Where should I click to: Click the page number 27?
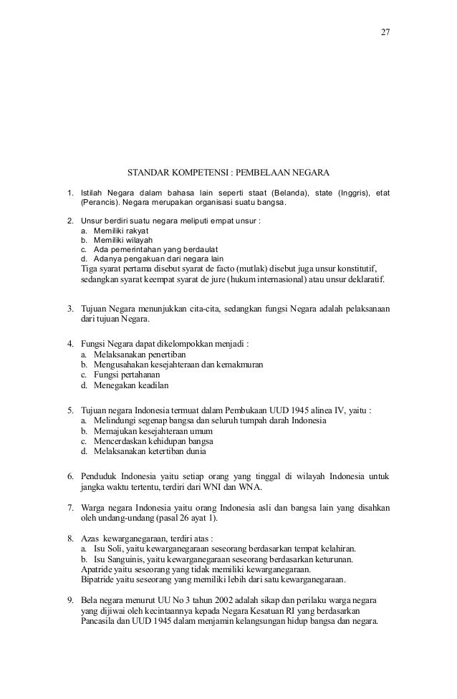click(386, 33)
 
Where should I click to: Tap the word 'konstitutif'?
click(360, 269)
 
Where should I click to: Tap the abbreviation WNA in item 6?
click(249, 488)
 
